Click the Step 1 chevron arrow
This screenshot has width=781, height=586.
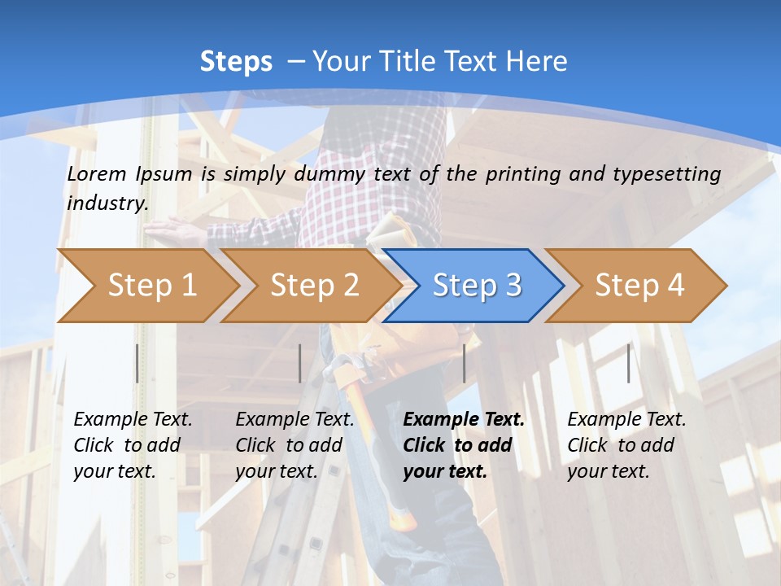click(151, 286)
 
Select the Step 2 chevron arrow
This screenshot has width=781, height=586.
click(314, 286)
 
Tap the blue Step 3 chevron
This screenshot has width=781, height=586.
click(477, 286)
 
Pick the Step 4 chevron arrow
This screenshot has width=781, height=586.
click(639, 286)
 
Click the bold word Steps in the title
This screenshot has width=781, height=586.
click(236, 62)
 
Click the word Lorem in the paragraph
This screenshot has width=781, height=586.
click(97, 173)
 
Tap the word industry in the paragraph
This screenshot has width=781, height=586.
click(107, 203)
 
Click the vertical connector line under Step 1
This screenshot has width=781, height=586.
click(137, 363)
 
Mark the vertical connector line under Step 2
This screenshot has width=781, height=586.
click(300, 363)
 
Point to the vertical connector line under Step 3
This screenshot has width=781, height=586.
click(464, 363)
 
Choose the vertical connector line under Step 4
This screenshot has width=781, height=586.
click(628, 363)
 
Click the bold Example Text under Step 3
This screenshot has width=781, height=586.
click(464, 420)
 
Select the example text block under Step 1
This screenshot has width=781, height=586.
click(133, 445)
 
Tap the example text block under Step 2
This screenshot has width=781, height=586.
click(295, 445)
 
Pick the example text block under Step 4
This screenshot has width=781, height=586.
click(626, 445)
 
